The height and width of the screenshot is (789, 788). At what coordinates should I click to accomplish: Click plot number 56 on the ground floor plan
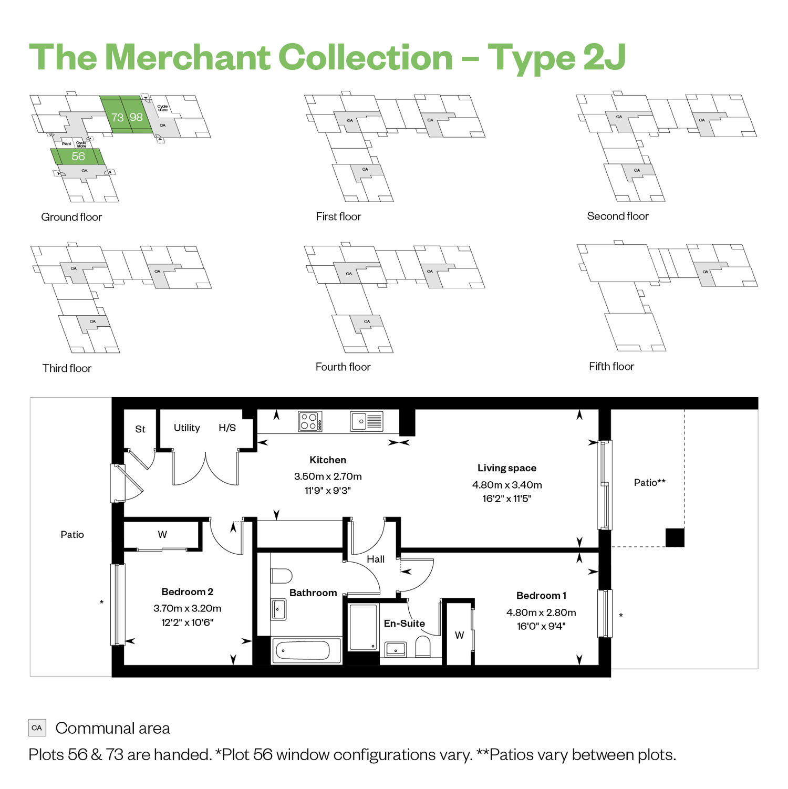[x=78, y=157]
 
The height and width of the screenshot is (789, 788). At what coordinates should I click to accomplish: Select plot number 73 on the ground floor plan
[x=117, y=117]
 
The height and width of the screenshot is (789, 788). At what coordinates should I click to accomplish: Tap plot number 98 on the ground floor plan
[x=136, y=117]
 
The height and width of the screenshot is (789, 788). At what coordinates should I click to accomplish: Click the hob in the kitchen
[x=310, y=421]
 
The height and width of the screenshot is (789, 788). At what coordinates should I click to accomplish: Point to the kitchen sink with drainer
[x=366, y=421]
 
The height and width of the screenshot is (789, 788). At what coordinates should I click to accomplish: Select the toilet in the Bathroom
[x=282, y=576]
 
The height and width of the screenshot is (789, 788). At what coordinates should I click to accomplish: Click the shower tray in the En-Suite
[x=363, y=627]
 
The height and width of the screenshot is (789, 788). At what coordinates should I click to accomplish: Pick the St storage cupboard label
[x=140, y=429]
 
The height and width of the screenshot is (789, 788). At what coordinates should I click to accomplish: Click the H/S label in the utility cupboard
[x=227, y=428]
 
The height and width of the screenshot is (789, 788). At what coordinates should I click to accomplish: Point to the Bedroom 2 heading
[x=188, y=592]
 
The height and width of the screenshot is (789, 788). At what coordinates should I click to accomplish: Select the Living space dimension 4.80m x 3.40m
[x=507, y=485]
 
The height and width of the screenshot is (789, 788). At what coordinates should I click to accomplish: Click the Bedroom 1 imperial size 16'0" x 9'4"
[x=541, y=626]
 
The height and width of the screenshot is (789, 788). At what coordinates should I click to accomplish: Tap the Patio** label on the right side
[x=650, y=482]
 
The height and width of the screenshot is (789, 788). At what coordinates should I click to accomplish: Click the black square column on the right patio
[x=675, y=537]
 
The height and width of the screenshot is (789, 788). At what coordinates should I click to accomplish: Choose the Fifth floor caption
[x=611, y=366]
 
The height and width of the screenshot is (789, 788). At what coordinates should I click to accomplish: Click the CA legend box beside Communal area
[x=37, y=728]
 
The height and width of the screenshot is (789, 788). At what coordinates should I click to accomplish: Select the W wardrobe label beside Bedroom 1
[x=460, y=635]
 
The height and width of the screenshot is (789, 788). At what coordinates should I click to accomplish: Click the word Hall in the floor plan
[x=376, y=559]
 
